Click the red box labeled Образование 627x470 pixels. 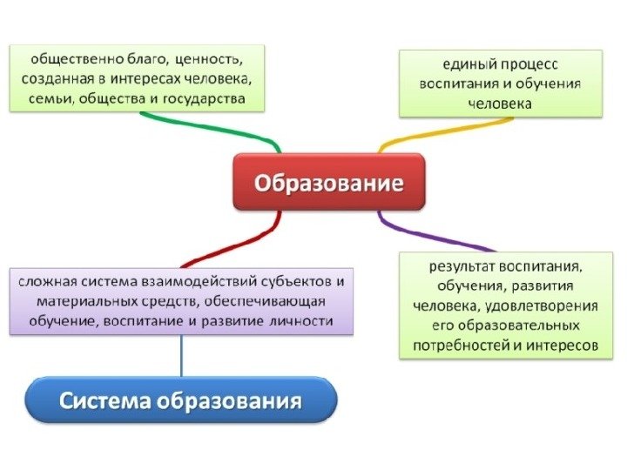[328, 183]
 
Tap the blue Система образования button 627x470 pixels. [181, 401]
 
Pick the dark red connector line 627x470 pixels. [231, 241]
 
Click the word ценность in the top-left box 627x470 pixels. [207, 60]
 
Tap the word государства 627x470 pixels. [210, 100]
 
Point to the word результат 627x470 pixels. [465, 264]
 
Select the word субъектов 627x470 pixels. [287, 281]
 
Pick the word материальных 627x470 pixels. [86, 301]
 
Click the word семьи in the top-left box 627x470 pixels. [50, 100]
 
